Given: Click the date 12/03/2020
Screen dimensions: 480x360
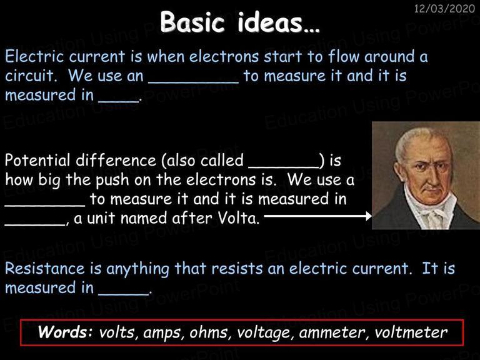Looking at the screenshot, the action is coord(444,8).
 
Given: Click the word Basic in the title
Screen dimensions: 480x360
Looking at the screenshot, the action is coord(192,22).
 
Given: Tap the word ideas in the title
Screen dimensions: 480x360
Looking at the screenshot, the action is coord(270,22).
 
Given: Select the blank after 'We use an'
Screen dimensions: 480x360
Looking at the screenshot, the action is coord(194,82).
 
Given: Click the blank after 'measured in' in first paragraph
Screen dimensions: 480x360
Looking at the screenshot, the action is coord(119,101).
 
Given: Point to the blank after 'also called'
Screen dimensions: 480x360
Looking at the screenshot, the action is coord(284,167).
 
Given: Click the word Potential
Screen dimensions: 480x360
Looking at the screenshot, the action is coord(37,160).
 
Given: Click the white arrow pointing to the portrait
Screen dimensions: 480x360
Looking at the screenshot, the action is coord(317,216).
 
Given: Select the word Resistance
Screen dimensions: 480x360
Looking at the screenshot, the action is coord(45,269).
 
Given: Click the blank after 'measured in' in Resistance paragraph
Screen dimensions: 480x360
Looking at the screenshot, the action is coord(123,294).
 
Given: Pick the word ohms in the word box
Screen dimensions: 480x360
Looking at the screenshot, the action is coord(209,332).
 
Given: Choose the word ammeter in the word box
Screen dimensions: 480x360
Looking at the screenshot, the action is coord(332,333).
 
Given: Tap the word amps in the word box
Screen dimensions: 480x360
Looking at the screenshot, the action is coord(162,334).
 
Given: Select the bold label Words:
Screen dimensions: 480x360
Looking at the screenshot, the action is coord(65,332).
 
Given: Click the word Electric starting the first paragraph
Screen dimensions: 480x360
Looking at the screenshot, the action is coord(34,56).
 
